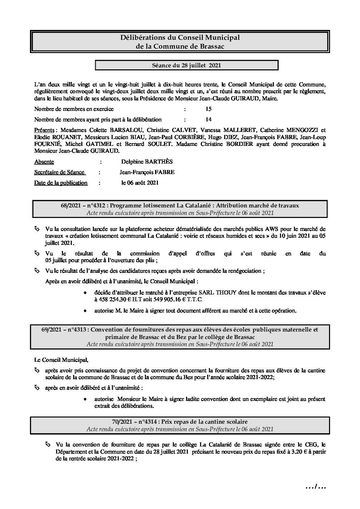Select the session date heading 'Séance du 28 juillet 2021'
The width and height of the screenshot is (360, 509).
(x=186, y=65)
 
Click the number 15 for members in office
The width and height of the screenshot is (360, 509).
(x=209, y=109)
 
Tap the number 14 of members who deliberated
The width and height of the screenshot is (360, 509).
(x=209, y=119)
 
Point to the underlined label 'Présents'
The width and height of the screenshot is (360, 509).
(x=44, y=130)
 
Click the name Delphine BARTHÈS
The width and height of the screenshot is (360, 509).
(x=147, y=162)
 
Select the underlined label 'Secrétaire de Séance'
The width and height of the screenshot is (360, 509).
(x=59, y=172)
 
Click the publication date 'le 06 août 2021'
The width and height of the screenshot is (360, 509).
(x=140, y=183)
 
